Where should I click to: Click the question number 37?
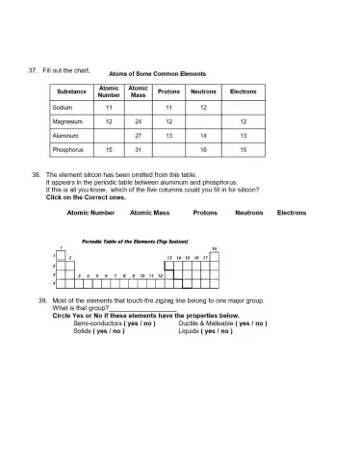[x=33, y=70]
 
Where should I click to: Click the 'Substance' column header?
[x=68, y=91]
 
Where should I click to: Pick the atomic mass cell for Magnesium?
[x=139, y=122]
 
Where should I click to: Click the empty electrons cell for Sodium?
[x=243, y=108]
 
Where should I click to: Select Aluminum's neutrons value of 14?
[x=203, y=136]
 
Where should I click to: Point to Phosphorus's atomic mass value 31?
[x=139, y=150]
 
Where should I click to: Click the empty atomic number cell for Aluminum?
[x=109, y=136]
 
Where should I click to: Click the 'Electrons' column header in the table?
[x=243, y=91]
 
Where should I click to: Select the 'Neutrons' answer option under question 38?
[x=248, y=212]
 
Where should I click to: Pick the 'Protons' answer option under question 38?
[x=205, y=212]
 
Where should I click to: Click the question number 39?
[x=32, y=301]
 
